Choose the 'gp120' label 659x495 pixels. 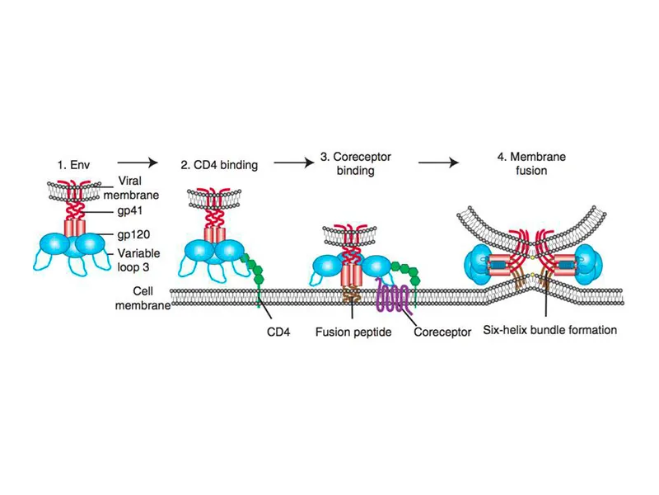coord(134,234)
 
